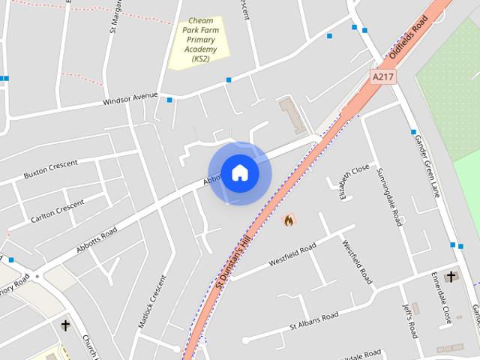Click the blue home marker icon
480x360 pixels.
tap(239, 172)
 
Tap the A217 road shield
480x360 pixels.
tap(382, 76)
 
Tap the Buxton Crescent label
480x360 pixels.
tap(51, 171)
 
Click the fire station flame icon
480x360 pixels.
tap(289, 220)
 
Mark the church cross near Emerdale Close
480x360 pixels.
tap(451, 277)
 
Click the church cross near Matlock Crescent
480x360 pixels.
tap(66, 325)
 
